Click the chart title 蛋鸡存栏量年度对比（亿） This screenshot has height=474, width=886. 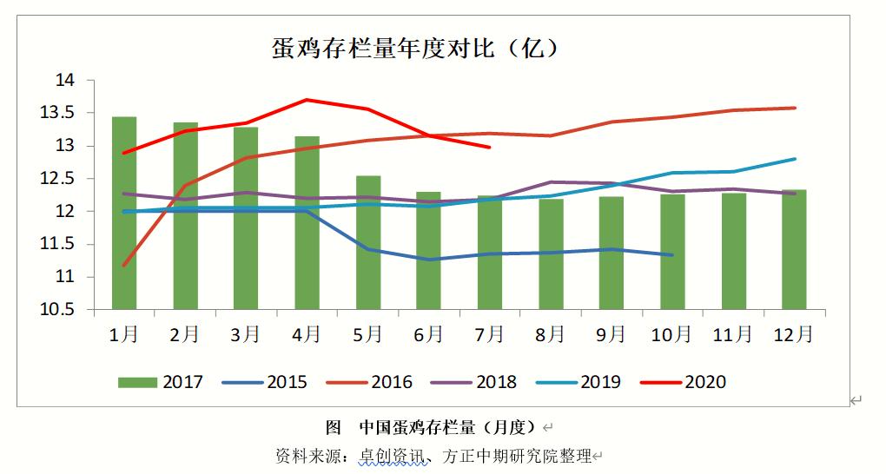tap(414, 48)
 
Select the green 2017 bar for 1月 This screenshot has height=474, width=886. tap(124, 213)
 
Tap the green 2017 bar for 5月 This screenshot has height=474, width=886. tap(368, 242)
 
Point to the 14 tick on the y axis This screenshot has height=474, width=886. tap(66, 81)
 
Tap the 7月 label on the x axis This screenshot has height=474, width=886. tap(490, 334)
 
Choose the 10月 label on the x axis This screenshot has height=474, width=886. tap(671, 334)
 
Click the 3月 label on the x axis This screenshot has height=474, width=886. tap(246, 334)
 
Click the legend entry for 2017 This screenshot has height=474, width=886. tap(161, 382)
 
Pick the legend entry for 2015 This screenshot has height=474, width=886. tap(265, 382)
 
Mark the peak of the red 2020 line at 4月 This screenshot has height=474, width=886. tap(307, 100)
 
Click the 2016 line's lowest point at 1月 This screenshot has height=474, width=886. tap(124, 266)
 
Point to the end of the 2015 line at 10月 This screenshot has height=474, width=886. tap(672, 255)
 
